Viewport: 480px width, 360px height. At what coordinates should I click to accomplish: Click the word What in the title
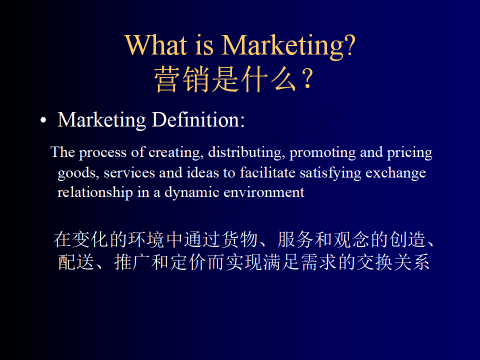tap(156, 45)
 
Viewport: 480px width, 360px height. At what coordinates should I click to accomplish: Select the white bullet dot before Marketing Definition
tap(43, 120)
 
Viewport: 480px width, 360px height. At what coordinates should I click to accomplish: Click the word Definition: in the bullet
tap(198, 119)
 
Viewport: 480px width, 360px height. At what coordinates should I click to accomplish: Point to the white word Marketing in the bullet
tap(102, 120)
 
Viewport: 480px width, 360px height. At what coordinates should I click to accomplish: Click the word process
tap(103, 153)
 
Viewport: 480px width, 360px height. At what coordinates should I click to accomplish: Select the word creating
tap(176, 153)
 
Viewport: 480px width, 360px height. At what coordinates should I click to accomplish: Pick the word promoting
tap(322, 153)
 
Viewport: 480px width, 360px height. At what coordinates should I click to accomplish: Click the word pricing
tap(409, 153)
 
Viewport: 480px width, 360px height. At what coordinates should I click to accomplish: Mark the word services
tap(129, 173)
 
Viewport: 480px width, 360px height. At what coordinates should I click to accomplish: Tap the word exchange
tap(396, 173)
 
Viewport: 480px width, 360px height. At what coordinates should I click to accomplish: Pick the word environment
tap(264, 192)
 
